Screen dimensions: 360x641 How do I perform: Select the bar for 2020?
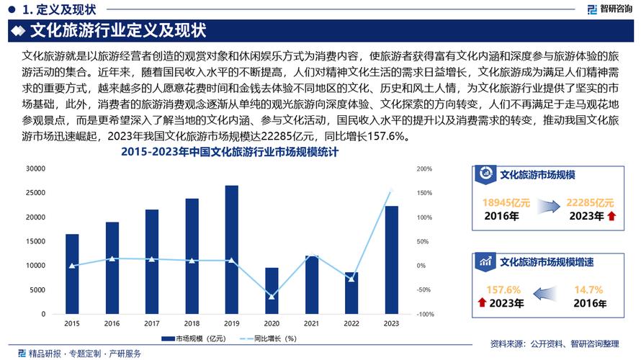[272, 291]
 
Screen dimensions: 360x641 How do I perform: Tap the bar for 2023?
[391, 260]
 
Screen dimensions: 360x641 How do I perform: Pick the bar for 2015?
[72, 274]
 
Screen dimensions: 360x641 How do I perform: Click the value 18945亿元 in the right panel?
[506, 203]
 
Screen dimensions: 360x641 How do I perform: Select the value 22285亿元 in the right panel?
[590, 203]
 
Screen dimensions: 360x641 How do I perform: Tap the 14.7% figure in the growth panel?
[588, 289]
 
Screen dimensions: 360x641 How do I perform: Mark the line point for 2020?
[272, 297]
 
